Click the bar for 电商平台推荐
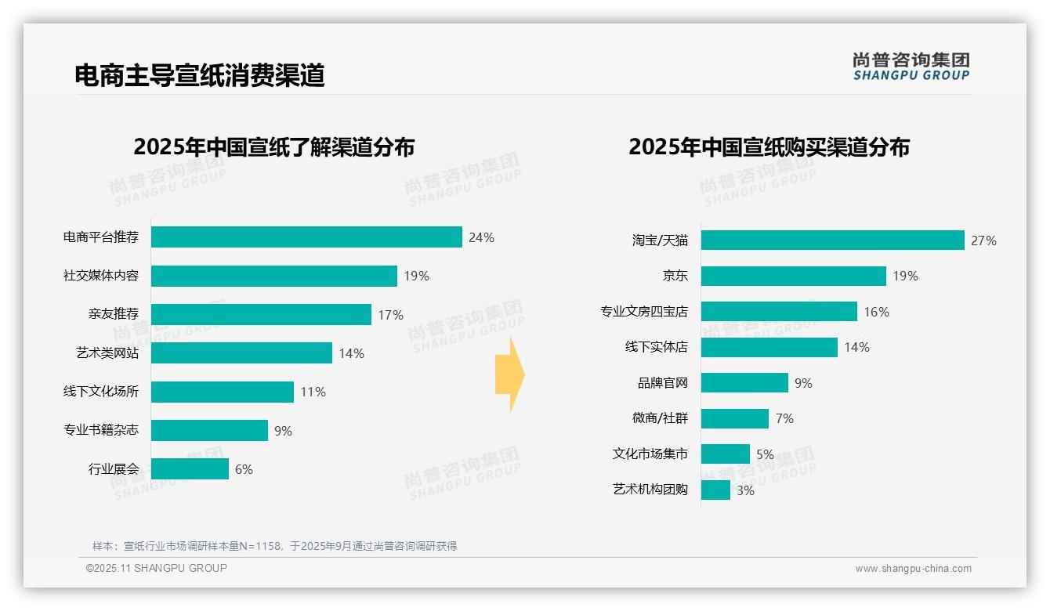(306, 237)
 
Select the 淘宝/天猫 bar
(832, 240)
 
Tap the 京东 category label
(675, 276)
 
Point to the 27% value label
(983, 240)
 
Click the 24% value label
(481, 237)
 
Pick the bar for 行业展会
(190, 469)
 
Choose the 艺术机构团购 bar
(715, 490)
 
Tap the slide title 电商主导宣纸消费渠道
(199, 75)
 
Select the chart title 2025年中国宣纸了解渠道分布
(273, 146)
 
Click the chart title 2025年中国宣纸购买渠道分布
(769, 146)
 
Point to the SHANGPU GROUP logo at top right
(911, 67)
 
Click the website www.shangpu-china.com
(913, 569)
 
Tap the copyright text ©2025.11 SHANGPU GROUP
(156, 568)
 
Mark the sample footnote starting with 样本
(274, 546)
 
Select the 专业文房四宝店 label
(644, 312)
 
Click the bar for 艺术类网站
(241, 353)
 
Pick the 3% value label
(745, 490)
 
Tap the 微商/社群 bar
(734, 418)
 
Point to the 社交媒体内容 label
(101, 276)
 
